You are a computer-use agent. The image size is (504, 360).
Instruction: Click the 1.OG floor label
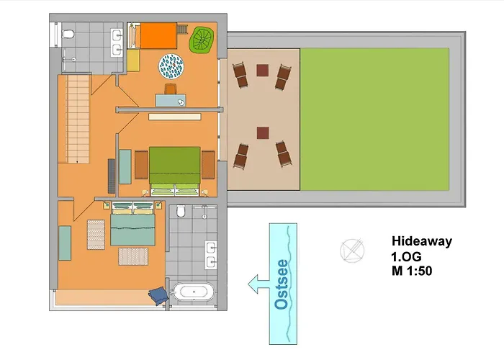tap(405, 256)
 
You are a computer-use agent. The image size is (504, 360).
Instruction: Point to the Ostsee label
tap(282, 284)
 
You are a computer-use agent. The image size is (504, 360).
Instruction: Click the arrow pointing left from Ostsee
tap(256, 284)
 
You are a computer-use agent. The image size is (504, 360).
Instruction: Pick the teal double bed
tap(133, 225)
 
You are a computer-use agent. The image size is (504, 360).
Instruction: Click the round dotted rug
tap(173, 66)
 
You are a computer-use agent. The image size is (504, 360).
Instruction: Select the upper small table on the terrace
tap(263, 70)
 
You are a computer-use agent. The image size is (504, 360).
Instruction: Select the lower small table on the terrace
tap(263, 132)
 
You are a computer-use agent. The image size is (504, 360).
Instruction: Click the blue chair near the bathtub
tap(157, 294)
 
